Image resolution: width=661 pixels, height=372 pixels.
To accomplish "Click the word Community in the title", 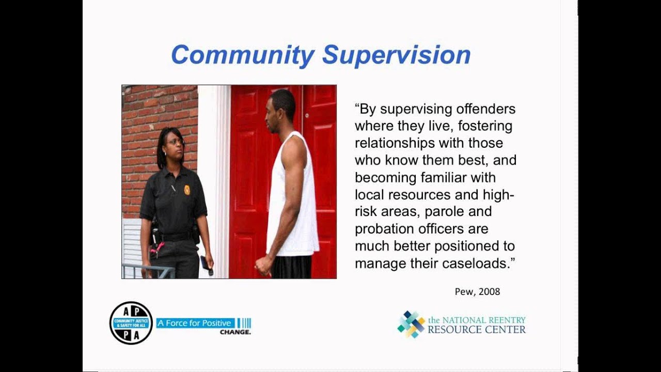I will (x=243, y=55).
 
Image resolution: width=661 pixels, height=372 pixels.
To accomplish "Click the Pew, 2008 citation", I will (x=477, y=291).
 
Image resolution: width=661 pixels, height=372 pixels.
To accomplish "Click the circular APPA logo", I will (x=131, y=323).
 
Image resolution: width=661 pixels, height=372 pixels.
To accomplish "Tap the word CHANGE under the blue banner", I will (x=235, y=332).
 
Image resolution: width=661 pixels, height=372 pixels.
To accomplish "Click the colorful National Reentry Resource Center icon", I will (x=411, y=324).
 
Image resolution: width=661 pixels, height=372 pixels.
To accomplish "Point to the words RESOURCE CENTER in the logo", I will (x=476, y=330).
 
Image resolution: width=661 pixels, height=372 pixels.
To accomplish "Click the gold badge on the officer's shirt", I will (x=187, y=190).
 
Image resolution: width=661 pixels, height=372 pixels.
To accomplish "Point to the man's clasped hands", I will (x=263, y=266).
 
